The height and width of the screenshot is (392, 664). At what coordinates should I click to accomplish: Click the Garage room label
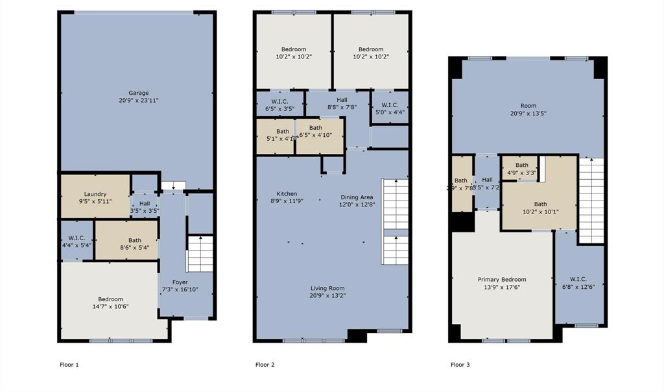click(138, 93)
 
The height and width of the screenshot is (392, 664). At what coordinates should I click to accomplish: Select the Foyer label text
click(180, 282)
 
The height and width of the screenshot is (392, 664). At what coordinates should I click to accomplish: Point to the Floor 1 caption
click(69, 365)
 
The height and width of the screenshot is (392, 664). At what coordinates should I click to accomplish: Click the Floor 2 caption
click(265, 365)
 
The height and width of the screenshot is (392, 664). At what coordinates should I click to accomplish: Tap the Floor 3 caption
click(460, 365)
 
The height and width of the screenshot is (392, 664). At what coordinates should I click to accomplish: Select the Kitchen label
click(287, 194)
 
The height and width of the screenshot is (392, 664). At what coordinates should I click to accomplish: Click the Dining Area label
click(357, 197)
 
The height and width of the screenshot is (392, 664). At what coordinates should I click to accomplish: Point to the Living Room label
click(327, 288)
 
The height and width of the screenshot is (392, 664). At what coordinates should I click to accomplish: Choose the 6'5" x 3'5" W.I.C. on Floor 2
click(280, 104)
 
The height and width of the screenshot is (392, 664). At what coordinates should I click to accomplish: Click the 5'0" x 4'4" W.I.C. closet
click(389, 108)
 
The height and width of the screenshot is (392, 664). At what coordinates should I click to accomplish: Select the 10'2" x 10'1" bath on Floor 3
click(539, 207)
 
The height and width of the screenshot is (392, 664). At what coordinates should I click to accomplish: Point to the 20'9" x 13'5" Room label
click(528, 109)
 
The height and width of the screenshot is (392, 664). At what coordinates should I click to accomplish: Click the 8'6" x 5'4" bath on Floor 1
click(134, 244)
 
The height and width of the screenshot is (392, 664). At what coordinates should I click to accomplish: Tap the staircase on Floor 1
click(200, 254)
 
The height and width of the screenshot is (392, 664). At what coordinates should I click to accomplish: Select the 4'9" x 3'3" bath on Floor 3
click(521, 169)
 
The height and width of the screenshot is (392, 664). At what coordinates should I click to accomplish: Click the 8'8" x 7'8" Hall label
click(342, 103)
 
